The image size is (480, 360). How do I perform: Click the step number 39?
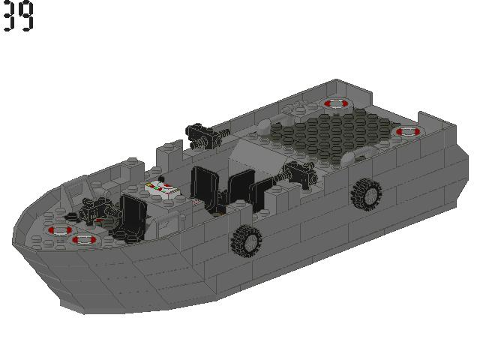click(x=18, y=16)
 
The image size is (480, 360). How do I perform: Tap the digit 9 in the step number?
click(x=27, y=16)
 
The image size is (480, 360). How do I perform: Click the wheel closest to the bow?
click(x=247, y=240)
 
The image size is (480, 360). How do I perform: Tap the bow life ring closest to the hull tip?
click(x=58, y=229)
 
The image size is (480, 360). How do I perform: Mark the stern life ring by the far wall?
click(x=333, y=103)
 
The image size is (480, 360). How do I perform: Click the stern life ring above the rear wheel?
click(x=407, y=131)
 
